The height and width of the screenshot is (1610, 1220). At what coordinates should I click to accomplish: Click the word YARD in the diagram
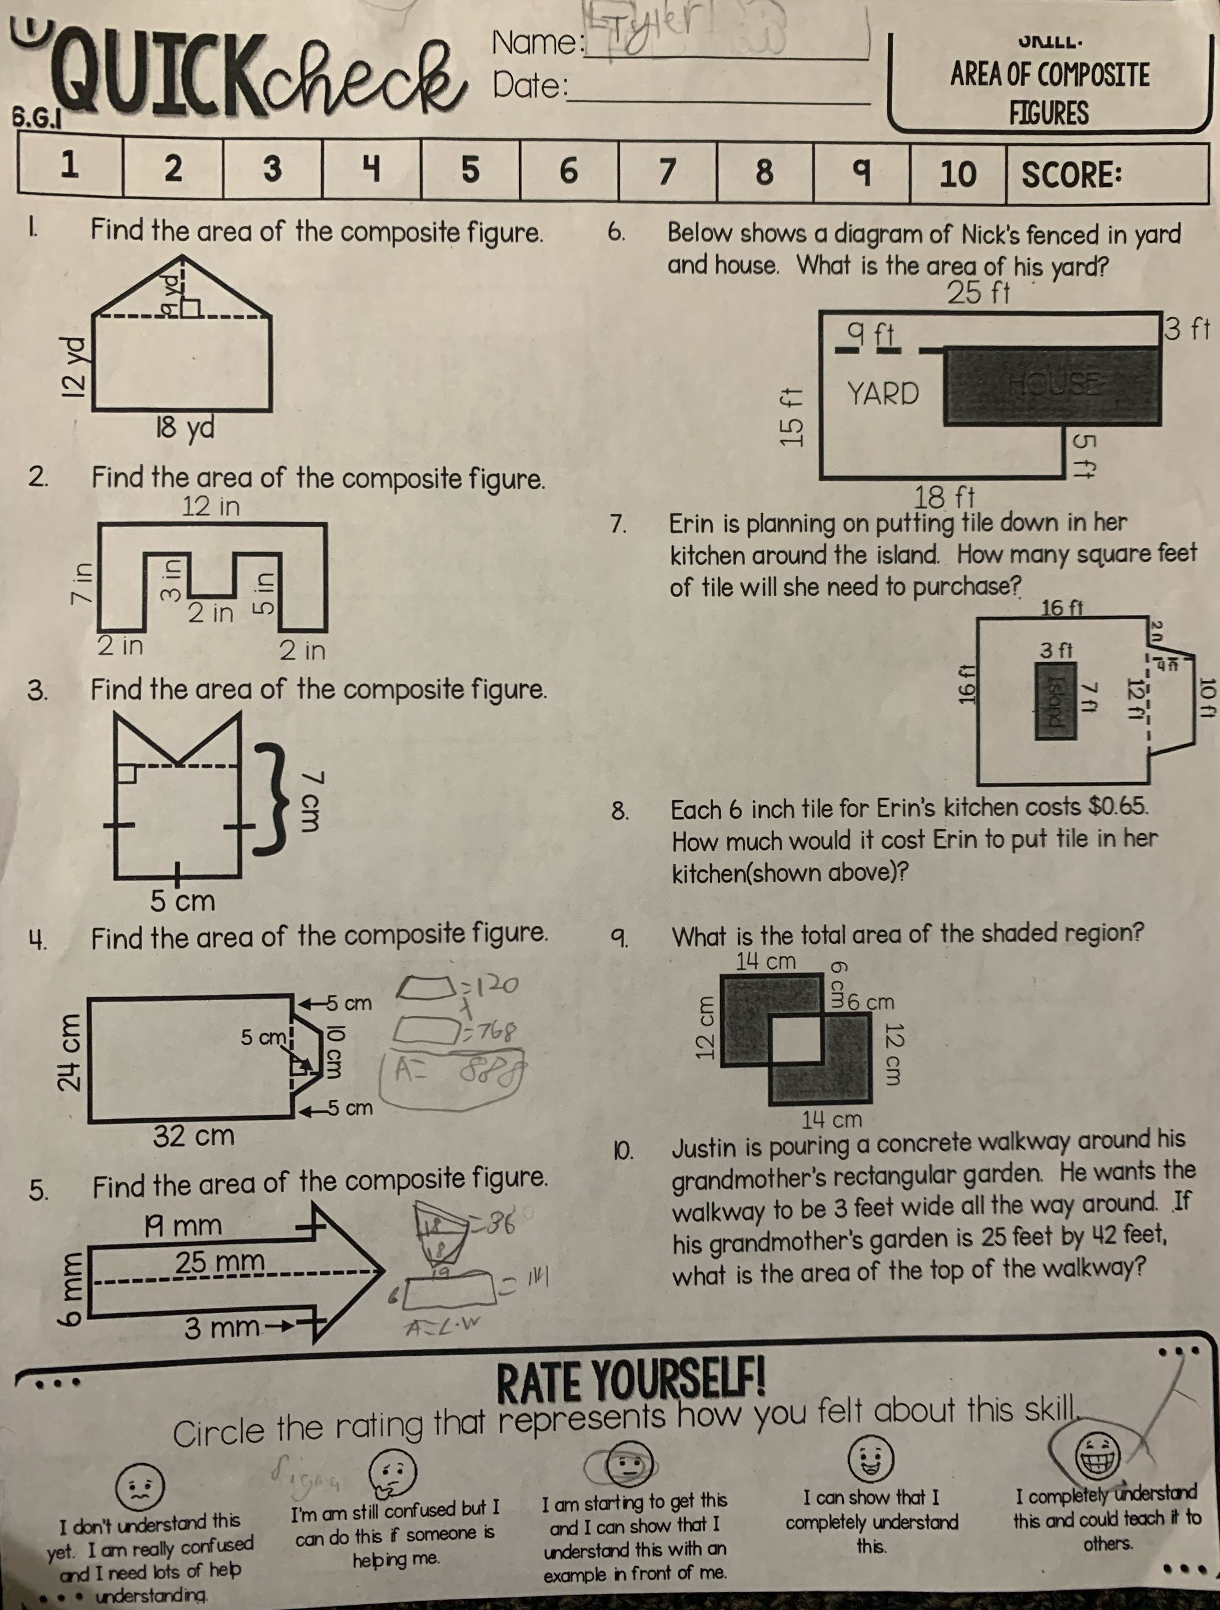click(x=883, y=394)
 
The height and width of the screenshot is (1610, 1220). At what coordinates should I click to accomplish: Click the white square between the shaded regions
click(x=796, y=1040)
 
